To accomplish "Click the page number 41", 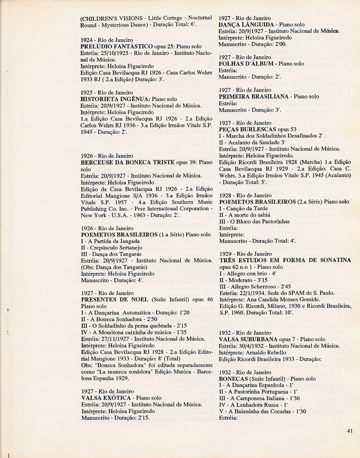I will pos(350,431).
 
